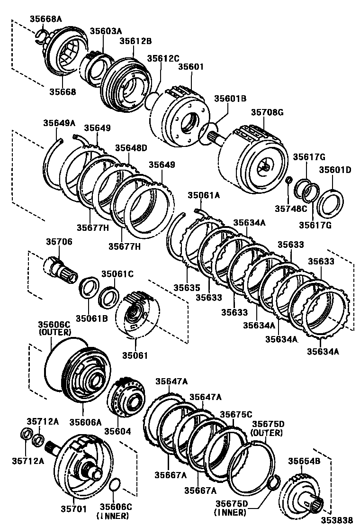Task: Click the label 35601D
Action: [334, 170]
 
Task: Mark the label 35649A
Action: [60, 123]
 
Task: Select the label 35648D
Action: [131, 148]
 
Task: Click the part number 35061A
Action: [204, 195]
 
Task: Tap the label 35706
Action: [59, 242]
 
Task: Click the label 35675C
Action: [235, 414]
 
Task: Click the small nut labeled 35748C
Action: [288, 180]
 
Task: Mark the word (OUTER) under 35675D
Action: [267, 433]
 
